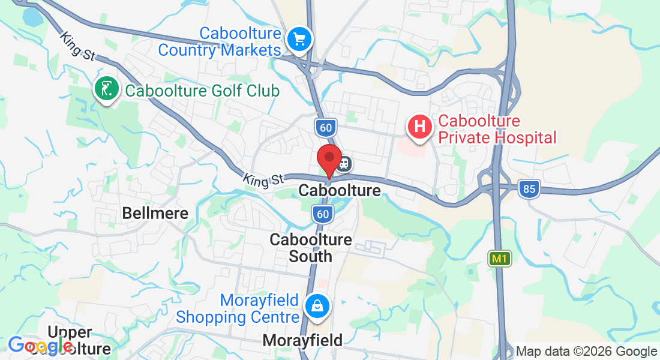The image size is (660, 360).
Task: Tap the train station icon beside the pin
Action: coord(344,163)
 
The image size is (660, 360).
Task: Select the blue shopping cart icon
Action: coord(298,40)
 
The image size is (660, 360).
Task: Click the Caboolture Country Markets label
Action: coord(220,42)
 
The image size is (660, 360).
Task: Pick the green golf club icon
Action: coord(106,90)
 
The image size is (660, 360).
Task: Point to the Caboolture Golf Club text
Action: coord(202,91)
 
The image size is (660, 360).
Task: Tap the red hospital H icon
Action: coord(420,127)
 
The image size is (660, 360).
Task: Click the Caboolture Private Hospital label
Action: coord(497,130)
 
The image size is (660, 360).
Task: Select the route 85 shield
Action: coord(529,189)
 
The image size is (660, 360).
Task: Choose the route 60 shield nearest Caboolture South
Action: coord(323,214)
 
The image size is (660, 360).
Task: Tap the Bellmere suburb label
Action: coord(155,213)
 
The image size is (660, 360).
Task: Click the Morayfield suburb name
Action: coord(302,341)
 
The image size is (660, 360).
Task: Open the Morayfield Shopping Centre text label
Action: coord(238,308)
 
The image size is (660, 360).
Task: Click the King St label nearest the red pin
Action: coord(263,178)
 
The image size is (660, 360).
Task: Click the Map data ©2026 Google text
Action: coord(586,352)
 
